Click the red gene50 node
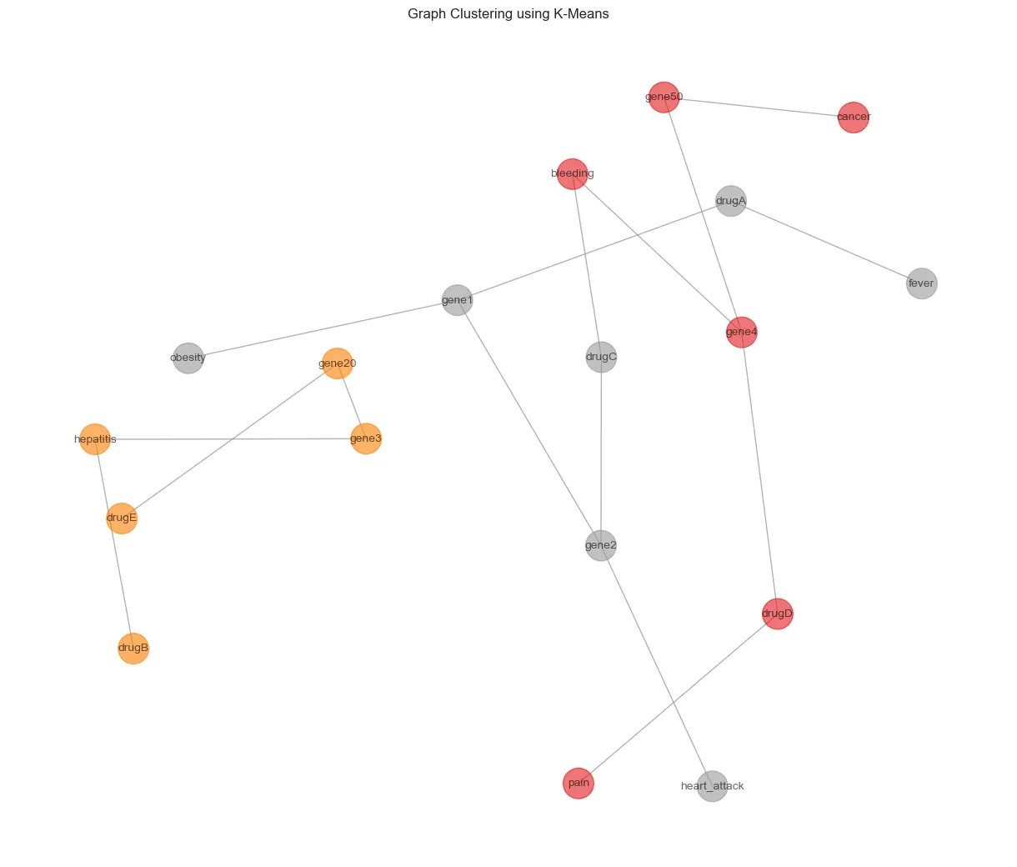click(x=664, y=98)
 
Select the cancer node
click(x=854, y=118)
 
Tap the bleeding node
click(x=572, y=174)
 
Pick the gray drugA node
click(x=731, y=201)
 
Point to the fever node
click(x=921, y=283)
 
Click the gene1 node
click(x=457, y=300)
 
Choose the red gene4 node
click(x=742, y=333)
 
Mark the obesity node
click(x=188, y=358)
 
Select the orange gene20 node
click(x=337, y=363)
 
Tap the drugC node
click(x=601, y=358)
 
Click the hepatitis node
click(x=95, y=439)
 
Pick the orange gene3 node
click(x=366, y=439)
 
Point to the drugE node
click(x=122, y=518)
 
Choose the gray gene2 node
click(x=601, y=546)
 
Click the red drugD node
click(x=777, y=614)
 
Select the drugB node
click(x=133, y=648)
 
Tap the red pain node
click(x=579, y=784)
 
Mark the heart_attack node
click(x=712, y=786)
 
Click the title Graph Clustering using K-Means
click(x=508, y=14)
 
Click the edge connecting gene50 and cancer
click(x=759, y=108)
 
